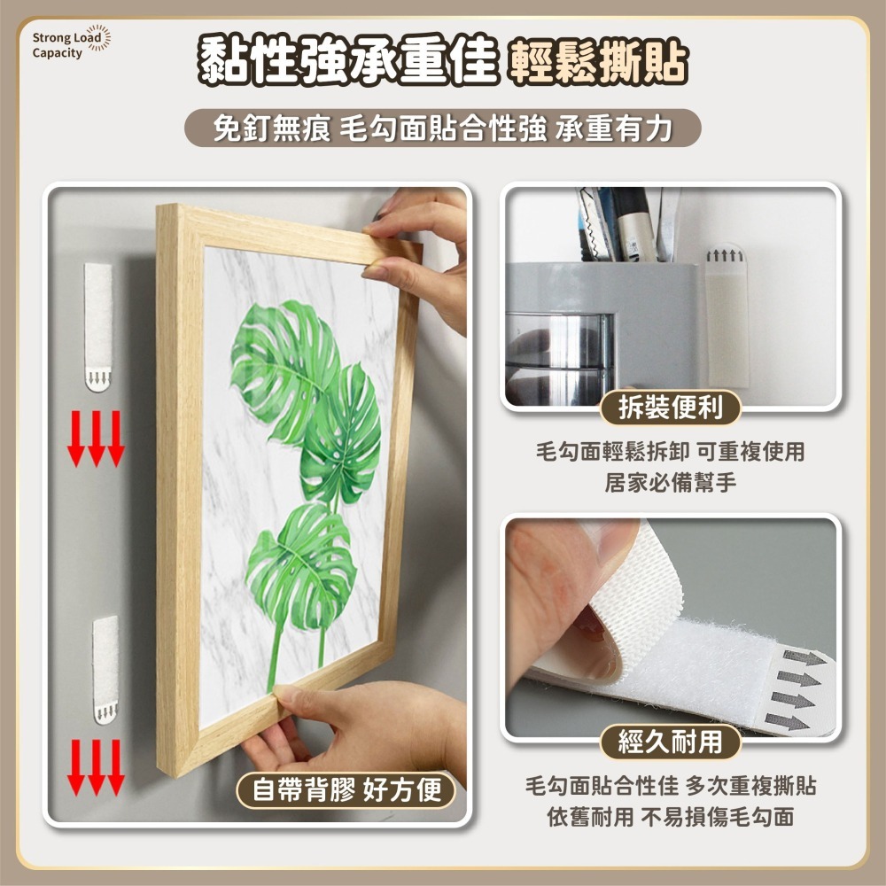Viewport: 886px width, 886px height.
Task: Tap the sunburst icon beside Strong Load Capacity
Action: [99, 37]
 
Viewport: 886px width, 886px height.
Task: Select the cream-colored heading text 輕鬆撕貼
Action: [597, 62]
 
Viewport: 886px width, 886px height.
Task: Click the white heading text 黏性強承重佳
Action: [348, 60]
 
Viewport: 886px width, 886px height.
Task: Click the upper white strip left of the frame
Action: [98, 327]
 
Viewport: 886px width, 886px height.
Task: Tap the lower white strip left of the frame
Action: [105, 670]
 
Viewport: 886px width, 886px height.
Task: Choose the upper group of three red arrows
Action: [96, 439]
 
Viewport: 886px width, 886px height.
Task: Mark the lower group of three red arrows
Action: [96, 767]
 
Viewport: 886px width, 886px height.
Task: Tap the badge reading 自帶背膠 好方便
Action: [346, 790]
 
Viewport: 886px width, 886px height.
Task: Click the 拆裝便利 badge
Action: [670, 408]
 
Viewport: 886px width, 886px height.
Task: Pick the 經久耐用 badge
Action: [670, 742]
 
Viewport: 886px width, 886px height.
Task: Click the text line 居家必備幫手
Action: [670, 483]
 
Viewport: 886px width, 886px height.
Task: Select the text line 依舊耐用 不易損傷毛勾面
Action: [670, 817]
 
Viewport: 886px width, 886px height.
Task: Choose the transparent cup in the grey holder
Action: [559, 360]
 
